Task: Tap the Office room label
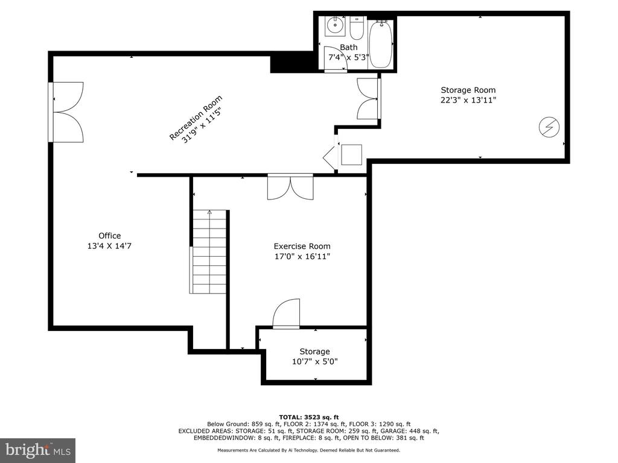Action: (x=110, y=236)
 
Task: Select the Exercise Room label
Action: (x=302, y=246)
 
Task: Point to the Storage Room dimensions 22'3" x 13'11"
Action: (x=468, y=100)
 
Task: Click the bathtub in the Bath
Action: (x=381, y=44)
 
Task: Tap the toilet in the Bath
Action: (x=357, y=28)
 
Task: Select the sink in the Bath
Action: (x=335, y=27)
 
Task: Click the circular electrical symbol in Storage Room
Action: (x=549, y=127)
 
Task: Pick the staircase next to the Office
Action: (x=209, y=251)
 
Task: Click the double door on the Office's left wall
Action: (x=66, y=112)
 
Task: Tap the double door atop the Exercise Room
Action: (x=290, y=187)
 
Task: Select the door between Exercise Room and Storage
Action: (x=286, y=313)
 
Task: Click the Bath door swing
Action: (x=336, y=59)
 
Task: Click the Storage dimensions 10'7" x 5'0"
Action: (x=315, y=362)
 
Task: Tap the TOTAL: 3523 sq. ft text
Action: (x=308, y=417)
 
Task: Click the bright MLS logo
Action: (x=38, y=450)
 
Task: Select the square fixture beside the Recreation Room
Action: (x=352, y=155)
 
